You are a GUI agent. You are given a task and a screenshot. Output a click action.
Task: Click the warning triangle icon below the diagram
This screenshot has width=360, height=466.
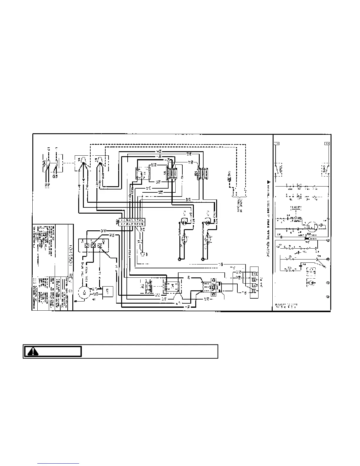pyautogui.click(x=33, y=352)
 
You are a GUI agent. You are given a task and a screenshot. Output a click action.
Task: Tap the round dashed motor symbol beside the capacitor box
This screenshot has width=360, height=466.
pyautogui.click(x=84, y=293)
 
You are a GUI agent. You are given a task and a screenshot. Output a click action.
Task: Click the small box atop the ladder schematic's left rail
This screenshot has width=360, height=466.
pyautogui.click(x=276, y=144)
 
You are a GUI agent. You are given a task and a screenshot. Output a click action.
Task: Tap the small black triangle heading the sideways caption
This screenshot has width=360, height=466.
pyautogui.click(x=268, y=182)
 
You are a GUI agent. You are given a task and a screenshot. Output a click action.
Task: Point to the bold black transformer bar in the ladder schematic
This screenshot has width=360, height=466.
pyautogui.click(x=307, y=239)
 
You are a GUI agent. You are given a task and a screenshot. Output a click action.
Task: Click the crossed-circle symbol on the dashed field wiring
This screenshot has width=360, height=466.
pyautogui.click(x=229, y=179)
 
